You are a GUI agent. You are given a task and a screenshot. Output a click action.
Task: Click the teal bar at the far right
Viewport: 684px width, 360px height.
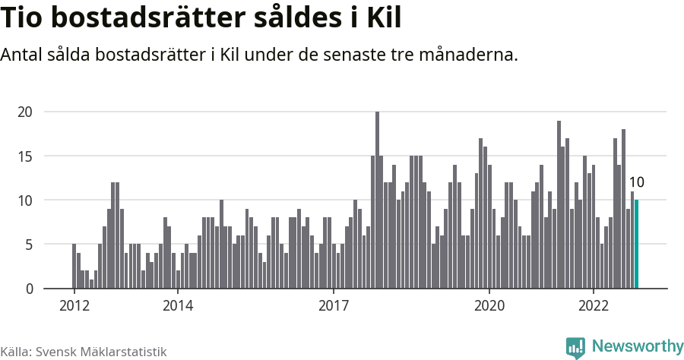[637, 245]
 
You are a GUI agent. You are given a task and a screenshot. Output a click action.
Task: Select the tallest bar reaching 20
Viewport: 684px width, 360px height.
[377, 201]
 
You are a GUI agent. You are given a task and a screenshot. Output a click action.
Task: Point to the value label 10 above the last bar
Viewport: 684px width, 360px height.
[637, 182]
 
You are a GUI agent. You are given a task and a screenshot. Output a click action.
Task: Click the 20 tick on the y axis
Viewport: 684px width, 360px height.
[25, 112]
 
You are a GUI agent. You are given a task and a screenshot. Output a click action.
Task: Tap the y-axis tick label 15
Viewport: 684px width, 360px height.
[25, 156]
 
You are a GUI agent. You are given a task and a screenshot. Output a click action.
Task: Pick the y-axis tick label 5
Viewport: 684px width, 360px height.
[28, 245]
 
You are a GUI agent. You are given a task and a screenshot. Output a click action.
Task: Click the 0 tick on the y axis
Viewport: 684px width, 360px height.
[28, 289]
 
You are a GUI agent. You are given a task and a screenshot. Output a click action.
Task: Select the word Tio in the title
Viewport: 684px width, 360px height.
[24, 18]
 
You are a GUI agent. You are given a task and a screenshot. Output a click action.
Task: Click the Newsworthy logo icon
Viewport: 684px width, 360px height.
[575, 347]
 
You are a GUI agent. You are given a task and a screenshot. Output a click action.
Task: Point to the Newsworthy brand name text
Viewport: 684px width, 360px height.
[637, 346]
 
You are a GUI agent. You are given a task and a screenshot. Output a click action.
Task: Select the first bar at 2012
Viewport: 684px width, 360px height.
[74, 267]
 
